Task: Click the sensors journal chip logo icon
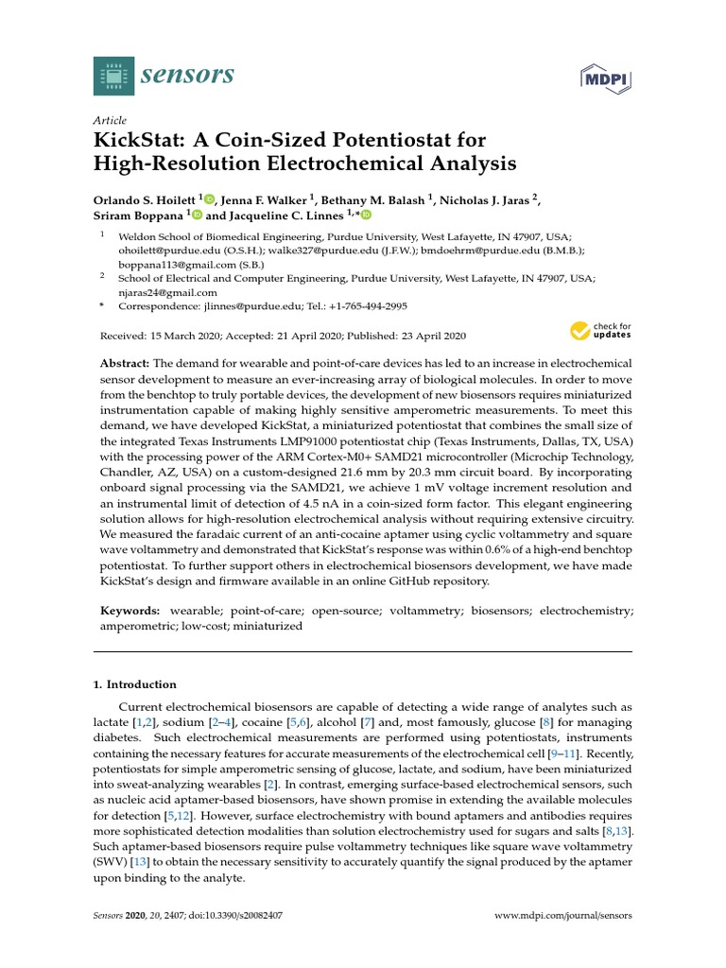(x=114, y=76)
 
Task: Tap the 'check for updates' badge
(x=600, y=331)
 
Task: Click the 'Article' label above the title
(x=110, y=120)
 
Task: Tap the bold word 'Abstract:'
(x=125, y=364)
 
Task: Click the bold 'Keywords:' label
(x=130, y=611)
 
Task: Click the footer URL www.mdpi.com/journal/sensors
(x=563, y=916)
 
